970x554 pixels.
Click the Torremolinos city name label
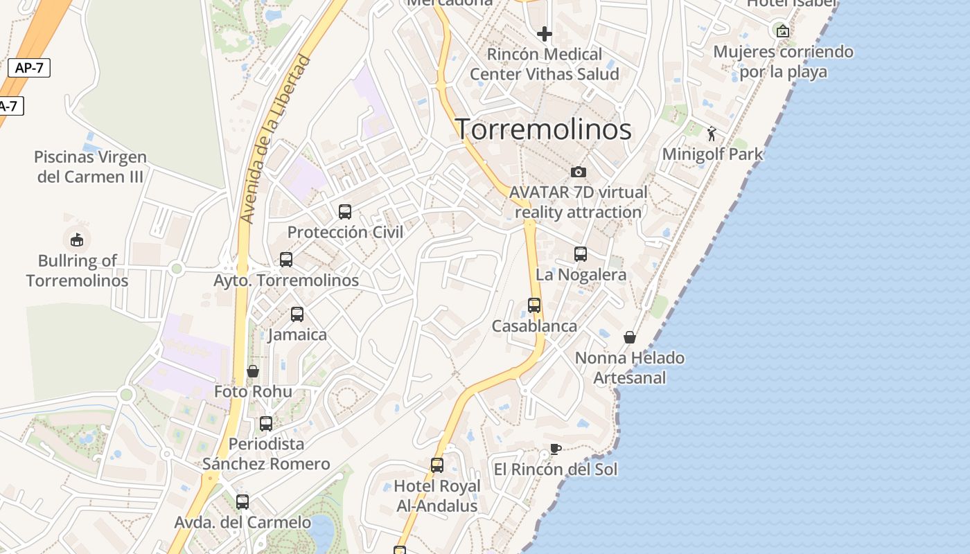tap(543, 129)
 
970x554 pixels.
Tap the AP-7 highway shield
tap(29, 68)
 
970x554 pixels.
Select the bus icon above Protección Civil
tap(345, 212)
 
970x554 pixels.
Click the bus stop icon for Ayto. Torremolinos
tap(286, 260)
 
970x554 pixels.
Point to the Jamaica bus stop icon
tap(297, 314)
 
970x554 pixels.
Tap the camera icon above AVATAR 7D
tap(579, 172)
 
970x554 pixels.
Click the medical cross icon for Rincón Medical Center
tap(545, 33)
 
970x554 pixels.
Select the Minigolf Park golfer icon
tap(712, 134)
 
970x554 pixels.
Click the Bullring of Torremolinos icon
tap(77, 240)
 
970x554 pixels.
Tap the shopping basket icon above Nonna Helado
tap(630, 337)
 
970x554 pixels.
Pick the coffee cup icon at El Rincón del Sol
tap(555, 449)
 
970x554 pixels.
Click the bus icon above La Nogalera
tap(581, 254)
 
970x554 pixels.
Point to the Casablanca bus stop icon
tap(534, 305)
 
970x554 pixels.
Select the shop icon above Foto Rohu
tap(253, 371)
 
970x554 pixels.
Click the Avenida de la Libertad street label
tap(275, 140)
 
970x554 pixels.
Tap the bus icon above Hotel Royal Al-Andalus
tap(437, 465)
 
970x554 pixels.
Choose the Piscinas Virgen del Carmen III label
tap(90, 167)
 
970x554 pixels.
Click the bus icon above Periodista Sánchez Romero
tap(266, 424)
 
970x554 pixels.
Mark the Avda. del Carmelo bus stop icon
tap(242, 502)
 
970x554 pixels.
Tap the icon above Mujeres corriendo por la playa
tap(783, 30)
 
